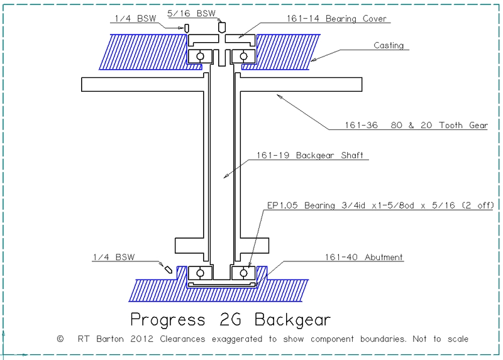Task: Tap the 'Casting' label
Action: (x=389, y=45)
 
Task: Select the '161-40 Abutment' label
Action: (x=365, y=257)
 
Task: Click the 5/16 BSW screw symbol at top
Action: (x=221, y=28)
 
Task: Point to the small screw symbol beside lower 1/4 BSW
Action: (x=168, y=267)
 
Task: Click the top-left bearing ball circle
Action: (x=200, y=56)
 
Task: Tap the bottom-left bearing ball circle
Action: (x=200, y=273)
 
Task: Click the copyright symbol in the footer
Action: (x=60, y=339)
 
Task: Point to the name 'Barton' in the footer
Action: (x=107, y=339)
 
